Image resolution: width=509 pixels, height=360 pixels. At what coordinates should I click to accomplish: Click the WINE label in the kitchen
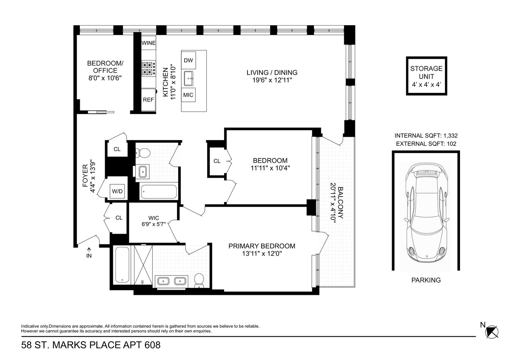click(x=148, y=43)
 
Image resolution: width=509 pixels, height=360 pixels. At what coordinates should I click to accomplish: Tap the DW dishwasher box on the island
click(x=188, y=60)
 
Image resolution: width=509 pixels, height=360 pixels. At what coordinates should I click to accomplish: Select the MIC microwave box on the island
click(x=188, y=95)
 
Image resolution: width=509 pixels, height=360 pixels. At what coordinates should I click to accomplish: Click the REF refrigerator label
click(x=148, y=100)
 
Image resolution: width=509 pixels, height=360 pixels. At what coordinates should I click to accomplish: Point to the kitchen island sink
click(x=188, y=77)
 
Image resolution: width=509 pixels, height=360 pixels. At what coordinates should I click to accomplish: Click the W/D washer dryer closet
click(x=117, y=191)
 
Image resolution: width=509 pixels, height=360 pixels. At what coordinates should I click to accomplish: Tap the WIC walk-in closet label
click(x=154, y=218)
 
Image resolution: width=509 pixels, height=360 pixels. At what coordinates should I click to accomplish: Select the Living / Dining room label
click(x=272, y=73)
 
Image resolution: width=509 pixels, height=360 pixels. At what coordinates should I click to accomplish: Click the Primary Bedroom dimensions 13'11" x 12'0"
click(x=262, y=254)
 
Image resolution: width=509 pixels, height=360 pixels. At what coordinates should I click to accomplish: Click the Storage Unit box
click(x=426, y=76)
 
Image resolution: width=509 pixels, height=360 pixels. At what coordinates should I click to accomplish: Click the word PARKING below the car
click(x=426, y=280)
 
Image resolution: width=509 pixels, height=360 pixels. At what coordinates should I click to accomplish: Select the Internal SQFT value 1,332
click(x=450, y=136)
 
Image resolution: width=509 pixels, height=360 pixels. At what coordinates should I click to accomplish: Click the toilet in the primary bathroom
click(x=199, y=280)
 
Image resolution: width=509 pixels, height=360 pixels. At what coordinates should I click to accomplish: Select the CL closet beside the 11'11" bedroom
click(x=217, y=161)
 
